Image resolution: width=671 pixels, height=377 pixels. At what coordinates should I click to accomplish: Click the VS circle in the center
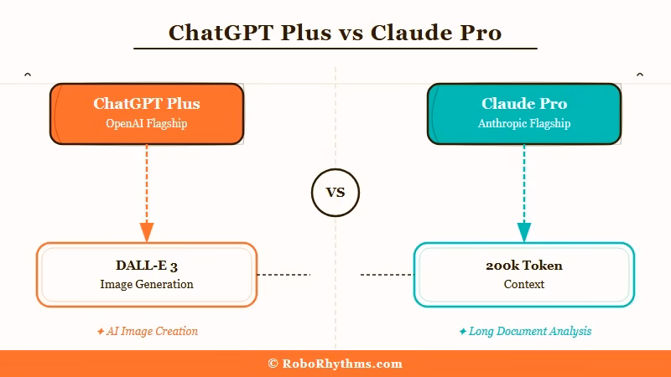335,193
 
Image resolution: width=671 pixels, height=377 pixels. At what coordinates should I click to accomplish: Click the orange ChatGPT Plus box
147,114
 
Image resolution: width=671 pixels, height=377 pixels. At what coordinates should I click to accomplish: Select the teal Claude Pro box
524,114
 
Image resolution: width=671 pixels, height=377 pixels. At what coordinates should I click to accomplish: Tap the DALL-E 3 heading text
147,266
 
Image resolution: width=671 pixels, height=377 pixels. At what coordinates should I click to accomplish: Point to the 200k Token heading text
524,266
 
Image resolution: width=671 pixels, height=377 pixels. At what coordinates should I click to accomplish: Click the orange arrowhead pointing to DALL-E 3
147,232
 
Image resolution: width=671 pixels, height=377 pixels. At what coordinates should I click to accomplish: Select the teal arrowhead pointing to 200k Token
524,232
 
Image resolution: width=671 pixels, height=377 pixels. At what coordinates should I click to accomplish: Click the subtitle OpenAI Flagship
147,124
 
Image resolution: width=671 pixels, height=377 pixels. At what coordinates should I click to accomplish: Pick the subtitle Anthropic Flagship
524,124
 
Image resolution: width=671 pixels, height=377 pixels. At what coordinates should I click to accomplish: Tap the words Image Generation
147,284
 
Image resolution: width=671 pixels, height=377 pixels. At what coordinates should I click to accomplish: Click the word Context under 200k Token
524,284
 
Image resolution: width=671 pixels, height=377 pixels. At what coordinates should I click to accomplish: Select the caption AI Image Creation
152,331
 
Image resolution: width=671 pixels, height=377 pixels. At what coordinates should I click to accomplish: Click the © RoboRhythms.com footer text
335,364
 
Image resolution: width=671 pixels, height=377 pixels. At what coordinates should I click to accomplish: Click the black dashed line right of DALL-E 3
283,274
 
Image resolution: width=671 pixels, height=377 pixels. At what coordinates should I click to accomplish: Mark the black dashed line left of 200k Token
387,274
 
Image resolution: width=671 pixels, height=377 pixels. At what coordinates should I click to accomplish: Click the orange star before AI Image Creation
101,331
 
